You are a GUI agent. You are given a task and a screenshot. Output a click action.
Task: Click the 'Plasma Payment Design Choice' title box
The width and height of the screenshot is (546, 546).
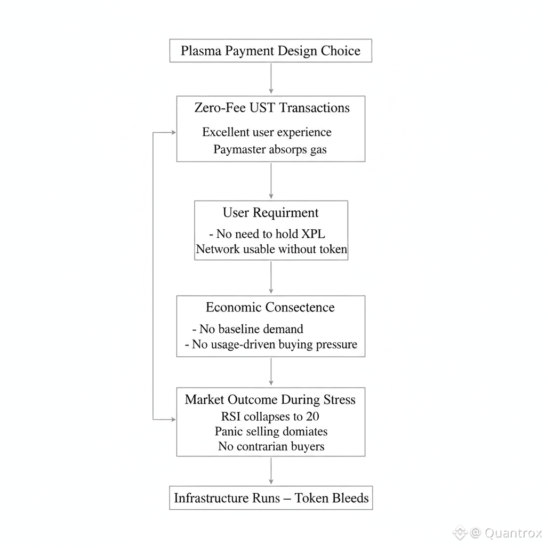(270, 51)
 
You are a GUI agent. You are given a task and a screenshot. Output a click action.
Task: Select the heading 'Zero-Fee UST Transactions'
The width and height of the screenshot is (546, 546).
(272, 108)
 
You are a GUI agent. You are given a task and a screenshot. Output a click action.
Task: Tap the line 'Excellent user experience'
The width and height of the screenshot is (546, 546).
(267, 132)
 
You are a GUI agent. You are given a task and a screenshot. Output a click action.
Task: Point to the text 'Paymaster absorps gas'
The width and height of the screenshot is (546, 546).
(270, 149)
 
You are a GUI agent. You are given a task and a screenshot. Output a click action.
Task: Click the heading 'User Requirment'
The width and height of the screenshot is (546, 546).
(270, 213)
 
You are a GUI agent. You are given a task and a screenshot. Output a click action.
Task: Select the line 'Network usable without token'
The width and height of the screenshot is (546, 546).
(271, 249)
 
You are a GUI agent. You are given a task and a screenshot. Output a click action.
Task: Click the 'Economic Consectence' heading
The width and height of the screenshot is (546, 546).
(270, 307)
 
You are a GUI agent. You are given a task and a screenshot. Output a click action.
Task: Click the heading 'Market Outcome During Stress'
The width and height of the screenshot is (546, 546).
(270, 400)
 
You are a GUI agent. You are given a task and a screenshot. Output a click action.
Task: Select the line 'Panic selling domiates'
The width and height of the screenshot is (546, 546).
(271, 431)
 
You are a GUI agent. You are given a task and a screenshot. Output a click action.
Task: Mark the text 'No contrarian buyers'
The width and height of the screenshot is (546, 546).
(271, 446)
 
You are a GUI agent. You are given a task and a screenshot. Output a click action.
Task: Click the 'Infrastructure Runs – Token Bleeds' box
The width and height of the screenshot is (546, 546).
(271, 498)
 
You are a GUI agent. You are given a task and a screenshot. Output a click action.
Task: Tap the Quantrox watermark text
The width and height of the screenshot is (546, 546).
(512, 533)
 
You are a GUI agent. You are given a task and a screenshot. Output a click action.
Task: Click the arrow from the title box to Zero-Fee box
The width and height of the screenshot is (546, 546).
(271, 78)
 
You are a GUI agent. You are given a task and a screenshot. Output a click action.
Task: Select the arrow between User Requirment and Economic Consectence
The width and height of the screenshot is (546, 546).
(271, 277)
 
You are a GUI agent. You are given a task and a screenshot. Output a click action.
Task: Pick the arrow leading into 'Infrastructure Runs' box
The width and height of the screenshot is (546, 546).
(271, 471)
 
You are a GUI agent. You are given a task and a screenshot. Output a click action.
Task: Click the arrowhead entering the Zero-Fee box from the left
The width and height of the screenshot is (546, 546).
(173, 132)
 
